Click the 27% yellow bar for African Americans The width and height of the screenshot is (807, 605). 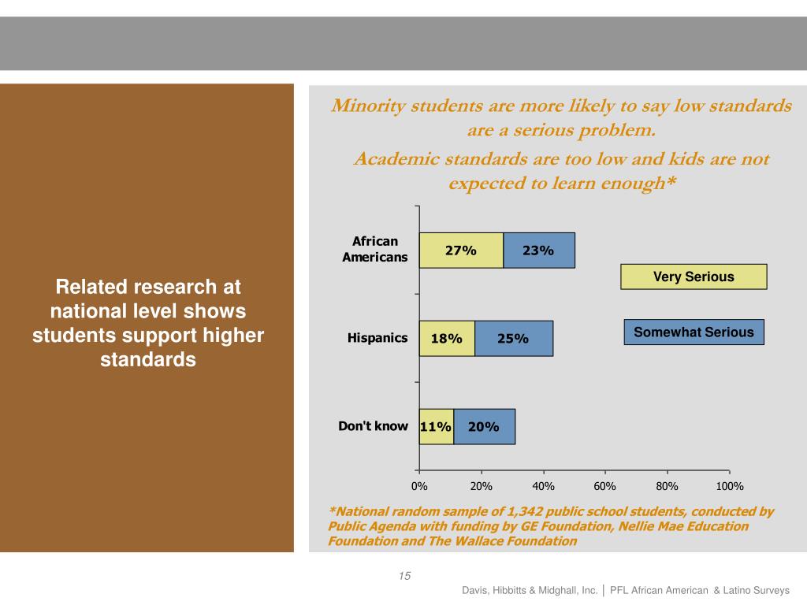pyautogui.click(x=461, y=251)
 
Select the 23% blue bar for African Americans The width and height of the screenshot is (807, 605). pyautogui.click(x=539, y=251)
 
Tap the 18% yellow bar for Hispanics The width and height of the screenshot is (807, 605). pyautogui.click(x=447, y=339)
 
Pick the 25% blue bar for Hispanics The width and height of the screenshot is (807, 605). pyautogui.click(x=514, y=339)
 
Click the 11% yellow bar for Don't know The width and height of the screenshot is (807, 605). pyautogui.click(x=436, y=427)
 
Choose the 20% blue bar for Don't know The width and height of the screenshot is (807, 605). pyautogui.click(x=484, y=427)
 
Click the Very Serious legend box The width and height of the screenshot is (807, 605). pyautogui.click(x=694, y=277)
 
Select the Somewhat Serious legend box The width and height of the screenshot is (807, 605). pyautogui.click(x=694, y=332)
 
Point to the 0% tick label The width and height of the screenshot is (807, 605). pyautogui.click(x=419, y=486)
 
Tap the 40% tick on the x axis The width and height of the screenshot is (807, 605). pyautogui.click(x=543, y=486)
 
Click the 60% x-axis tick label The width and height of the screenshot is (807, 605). pyautogui.click(x=604, y=486)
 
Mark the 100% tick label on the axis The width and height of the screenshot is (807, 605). pyautogui.click(x=729, y=486)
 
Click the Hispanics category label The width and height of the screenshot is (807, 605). pyautogui.click(x=377, y=338)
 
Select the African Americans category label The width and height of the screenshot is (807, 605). pyautogui.click(x=375, y=249)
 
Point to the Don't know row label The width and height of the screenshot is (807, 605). pyautogui.click(x=374, y=426)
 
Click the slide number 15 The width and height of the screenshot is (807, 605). pyautogui.click(x=404, y=576)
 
